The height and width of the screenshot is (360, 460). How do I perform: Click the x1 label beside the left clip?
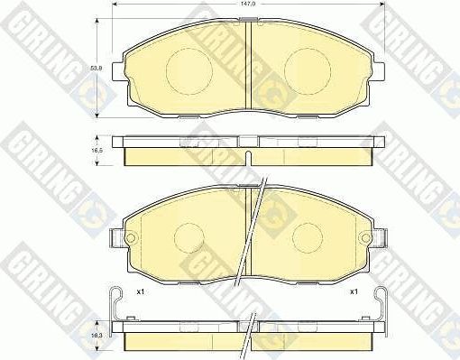(x=140, y=292)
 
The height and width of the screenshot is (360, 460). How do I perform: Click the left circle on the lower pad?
(x=189, y=238)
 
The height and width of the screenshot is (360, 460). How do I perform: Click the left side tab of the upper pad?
(x=115, y=67)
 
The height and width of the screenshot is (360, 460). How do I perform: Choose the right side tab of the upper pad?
(x=380, y=67)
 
